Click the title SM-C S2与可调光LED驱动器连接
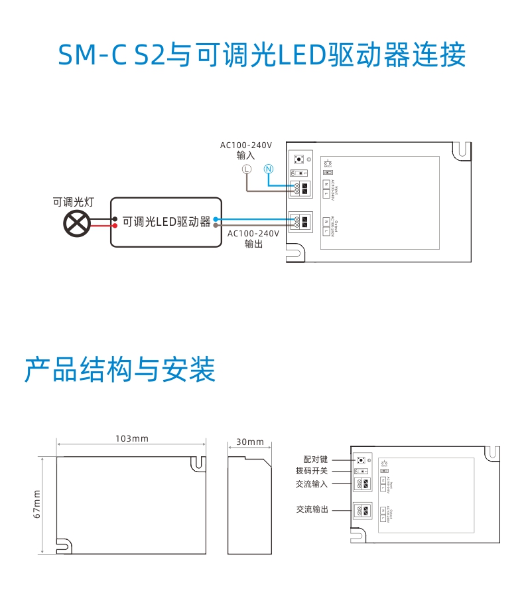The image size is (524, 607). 262,55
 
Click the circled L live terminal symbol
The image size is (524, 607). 246,169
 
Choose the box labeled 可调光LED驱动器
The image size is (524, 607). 165,222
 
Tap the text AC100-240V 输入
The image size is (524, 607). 246,150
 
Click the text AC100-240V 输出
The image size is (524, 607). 253,238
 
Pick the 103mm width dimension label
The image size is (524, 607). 132,438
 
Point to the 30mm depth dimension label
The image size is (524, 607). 250,442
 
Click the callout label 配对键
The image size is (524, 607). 315,460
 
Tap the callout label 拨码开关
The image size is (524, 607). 312,471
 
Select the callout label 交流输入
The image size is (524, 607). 312,483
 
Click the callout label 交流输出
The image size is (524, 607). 312,509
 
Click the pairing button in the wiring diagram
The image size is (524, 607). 298,159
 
